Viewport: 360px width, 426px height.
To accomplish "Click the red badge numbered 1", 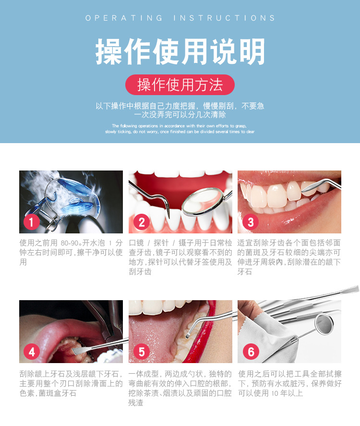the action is pyautogui.click(x=32, y=222).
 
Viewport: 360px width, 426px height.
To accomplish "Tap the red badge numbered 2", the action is pyautogui.click(x=142, y=222).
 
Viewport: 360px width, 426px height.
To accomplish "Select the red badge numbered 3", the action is pyautogui.click(x=250, y=222).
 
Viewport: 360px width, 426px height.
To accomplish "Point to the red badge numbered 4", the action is pyautogui.click(x=32, y=352).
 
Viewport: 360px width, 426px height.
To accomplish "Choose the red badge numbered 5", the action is pyautogui.click(x=142, y=352).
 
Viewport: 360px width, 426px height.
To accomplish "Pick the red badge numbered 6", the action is pyautogui.click(x=251, y=352).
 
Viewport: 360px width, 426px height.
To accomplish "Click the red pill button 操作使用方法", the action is pyautogui.click(x=180, y=85).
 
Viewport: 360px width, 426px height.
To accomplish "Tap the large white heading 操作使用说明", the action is pyautogui.click(x=180, y=51).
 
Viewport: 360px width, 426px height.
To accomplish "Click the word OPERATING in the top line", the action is pyautogui.click(x=124, y=18).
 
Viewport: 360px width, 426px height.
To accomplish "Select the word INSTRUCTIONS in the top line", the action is pyautogui.click(x=224, y=18).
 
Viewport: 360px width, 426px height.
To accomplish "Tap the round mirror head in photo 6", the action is pyautogui.click(x=324, y=324).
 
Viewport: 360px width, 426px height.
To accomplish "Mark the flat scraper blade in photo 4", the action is pyautogui.click(x=80, y=351).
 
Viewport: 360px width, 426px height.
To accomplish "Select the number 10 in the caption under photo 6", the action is pyautogui.click(x=275, y=393).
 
